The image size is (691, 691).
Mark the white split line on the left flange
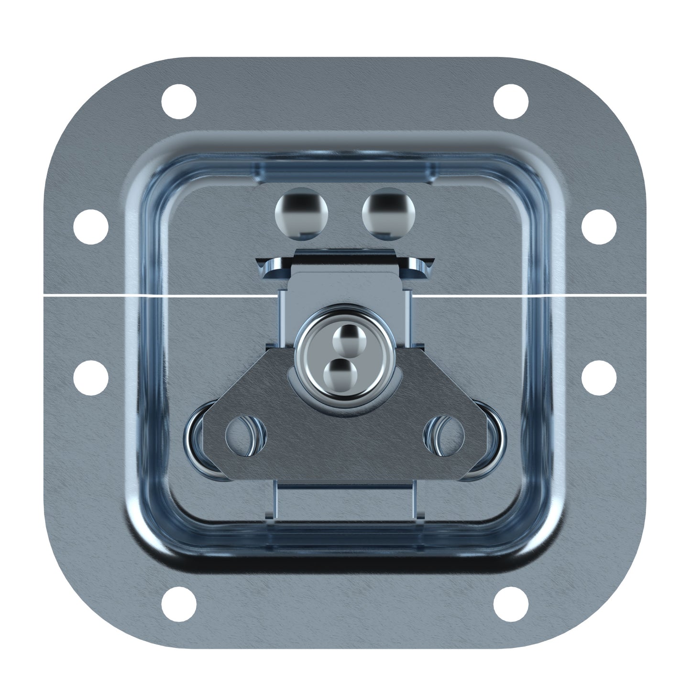click(x=86, y=296)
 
